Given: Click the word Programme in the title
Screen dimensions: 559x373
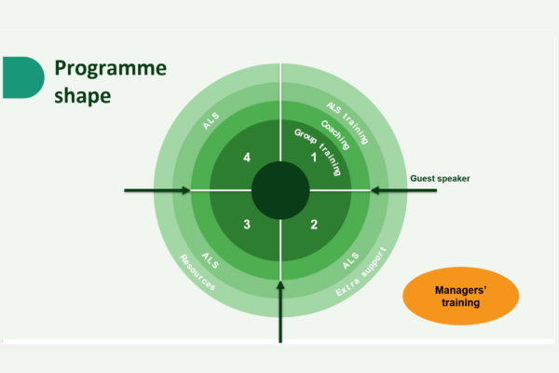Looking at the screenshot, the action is click(111, 69).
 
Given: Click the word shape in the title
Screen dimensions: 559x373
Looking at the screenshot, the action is click(82, 96).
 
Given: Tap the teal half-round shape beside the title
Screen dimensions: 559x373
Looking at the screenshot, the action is click(23, 77).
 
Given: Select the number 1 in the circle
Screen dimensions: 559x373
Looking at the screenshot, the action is click(314, 158).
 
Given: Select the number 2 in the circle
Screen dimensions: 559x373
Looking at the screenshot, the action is click(314, 225).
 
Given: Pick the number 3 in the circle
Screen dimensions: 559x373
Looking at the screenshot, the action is click(247, 225).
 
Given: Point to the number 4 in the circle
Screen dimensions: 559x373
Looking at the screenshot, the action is click(247, 158).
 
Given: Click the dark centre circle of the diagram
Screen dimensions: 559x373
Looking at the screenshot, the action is click(280, 190).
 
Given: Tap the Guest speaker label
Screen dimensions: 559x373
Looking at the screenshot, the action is click(440, 178).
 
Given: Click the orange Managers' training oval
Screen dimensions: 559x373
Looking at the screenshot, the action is click(460, 296).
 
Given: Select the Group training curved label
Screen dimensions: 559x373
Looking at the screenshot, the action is click(319, 152).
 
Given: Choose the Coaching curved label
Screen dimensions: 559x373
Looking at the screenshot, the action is click(335, 135).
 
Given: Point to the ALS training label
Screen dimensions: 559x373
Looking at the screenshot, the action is click(347, 123).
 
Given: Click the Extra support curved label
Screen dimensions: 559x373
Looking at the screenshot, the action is click(361, 271).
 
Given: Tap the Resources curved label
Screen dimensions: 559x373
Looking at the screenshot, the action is click(198, 272).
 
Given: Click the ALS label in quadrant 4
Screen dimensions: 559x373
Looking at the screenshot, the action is click(211, 121).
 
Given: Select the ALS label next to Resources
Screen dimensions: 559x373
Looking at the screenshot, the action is click(211, 260).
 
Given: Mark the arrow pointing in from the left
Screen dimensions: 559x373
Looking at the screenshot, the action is click(157, 190).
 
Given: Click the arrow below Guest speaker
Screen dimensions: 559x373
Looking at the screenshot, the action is click(403, 190).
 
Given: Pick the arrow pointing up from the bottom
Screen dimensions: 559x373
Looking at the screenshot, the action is click(280, 312).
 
